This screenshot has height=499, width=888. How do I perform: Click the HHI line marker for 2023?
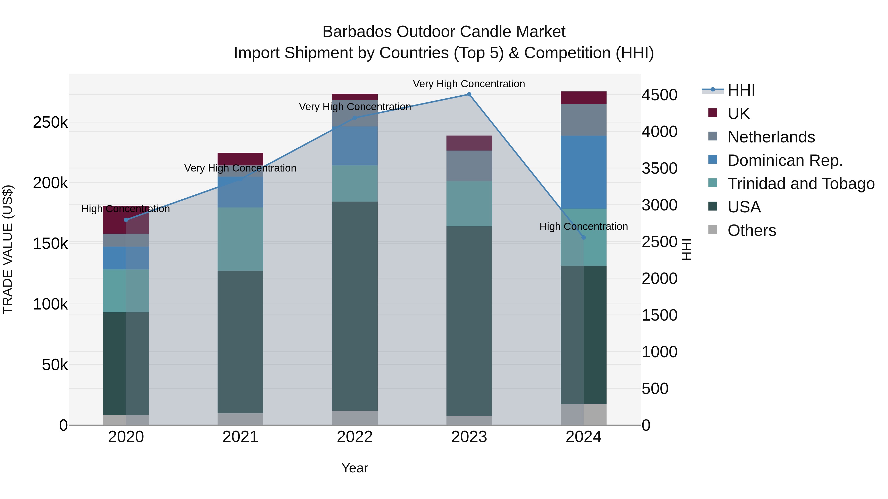[x=469, y=94]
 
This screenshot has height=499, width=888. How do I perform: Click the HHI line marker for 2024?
[x=584, y=237]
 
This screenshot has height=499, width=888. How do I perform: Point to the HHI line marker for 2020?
[x=126, y=220]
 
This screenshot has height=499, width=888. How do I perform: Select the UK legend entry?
[x=738, y=113]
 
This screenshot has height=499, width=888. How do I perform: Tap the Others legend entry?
[x=752, y=230]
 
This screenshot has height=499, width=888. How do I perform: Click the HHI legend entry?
[x=741, y=90]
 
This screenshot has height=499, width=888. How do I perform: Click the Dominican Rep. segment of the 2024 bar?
[x=584, y=172]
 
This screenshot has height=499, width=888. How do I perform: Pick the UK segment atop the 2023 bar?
[x=469, y=143]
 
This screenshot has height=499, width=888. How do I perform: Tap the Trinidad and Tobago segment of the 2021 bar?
[x=240, y=239]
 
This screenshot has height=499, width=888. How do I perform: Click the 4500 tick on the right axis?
[x=659, y=95]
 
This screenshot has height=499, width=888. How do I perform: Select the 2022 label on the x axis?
[x=355, y=437]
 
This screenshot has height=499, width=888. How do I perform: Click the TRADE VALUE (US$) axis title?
[x=8, y=249]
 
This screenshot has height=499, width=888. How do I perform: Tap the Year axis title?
[x=355, y=468]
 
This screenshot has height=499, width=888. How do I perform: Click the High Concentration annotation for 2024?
[x=584, y=227]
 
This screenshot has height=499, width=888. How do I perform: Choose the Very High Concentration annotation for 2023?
[x=469, y=84]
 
